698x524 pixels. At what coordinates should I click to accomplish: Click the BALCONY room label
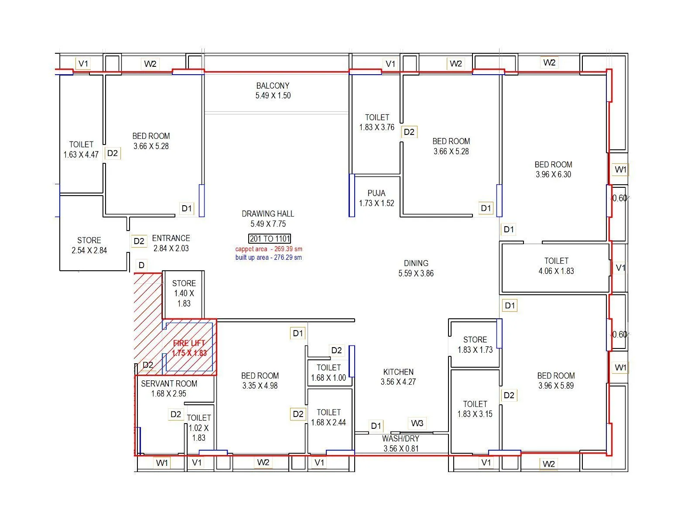(273, 86)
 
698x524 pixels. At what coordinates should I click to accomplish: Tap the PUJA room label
(376, 193)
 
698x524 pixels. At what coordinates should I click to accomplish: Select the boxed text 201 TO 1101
(270, 239)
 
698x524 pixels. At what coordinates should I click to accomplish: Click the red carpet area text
(269, 249)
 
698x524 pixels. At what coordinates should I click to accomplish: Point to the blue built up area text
(269, 258)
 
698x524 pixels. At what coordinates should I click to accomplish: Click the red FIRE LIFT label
(189, 343)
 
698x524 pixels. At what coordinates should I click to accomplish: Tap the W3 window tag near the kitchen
(417, 423)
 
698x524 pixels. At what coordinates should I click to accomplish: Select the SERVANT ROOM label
(169, 383)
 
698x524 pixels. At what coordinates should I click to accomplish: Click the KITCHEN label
(398, 372)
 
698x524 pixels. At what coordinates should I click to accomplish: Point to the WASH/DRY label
(400, 438)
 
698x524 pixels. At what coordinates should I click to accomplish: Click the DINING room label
(416, 263)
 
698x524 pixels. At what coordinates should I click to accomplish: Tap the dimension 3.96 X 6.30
(553, 174)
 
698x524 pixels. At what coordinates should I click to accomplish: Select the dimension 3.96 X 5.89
(556, 386)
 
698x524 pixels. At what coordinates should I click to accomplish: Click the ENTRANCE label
(171, 238)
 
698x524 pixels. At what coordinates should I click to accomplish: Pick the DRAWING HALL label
(268, 214)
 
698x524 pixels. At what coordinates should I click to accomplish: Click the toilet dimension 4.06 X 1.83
(556, 271)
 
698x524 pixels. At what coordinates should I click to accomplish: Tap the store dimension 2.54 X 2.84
(89, 250)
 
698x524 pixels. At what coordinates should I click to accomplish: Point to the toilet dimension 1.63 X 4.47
(81, 155)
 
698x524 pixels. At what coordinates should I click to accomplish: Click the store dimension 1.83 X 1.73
(475, 350)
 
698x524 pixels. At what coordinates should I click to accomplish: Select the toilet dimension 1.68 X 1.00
(328, 378)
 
